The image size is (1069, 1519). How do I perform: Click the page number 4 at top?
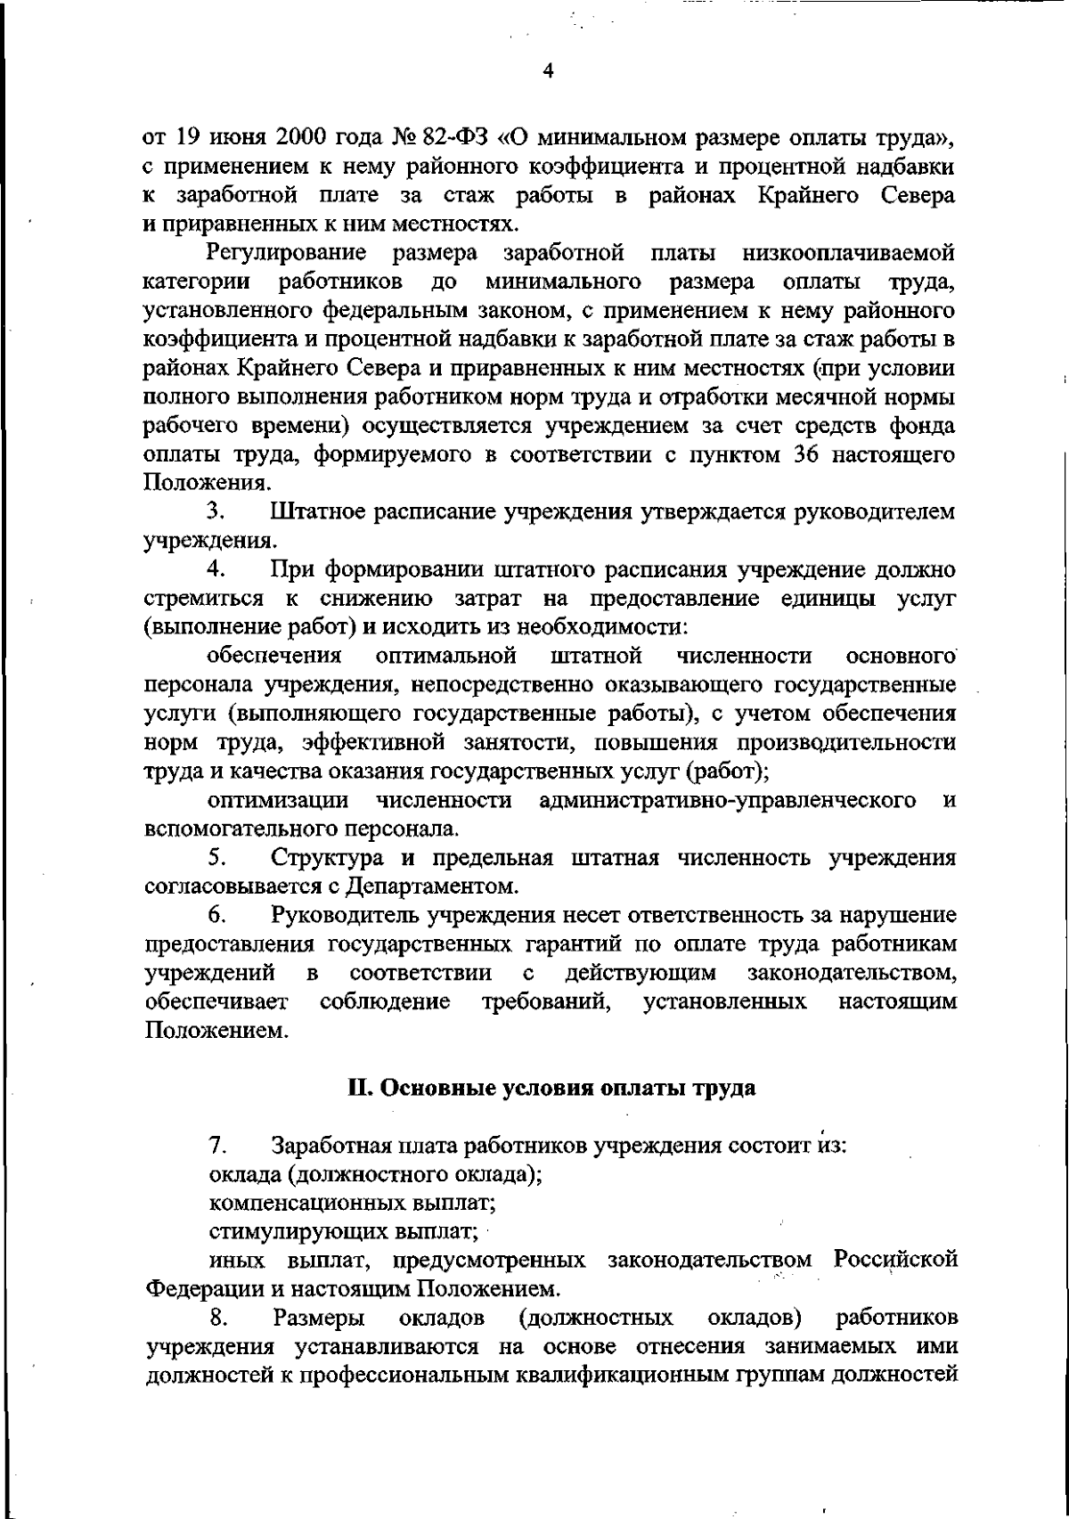click(548, 72)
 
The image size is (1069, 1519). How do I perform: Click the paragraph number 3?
click(214, 512)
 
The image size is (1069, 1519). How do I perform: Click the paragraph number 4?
click(214, 569)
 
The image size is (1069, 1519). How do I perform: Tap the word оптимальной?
click(447, 657)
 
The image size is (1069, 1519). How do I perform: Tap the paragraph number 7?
click(215, 1145)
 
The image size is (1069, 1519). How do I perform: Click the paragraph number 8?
click(215, 1318)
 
